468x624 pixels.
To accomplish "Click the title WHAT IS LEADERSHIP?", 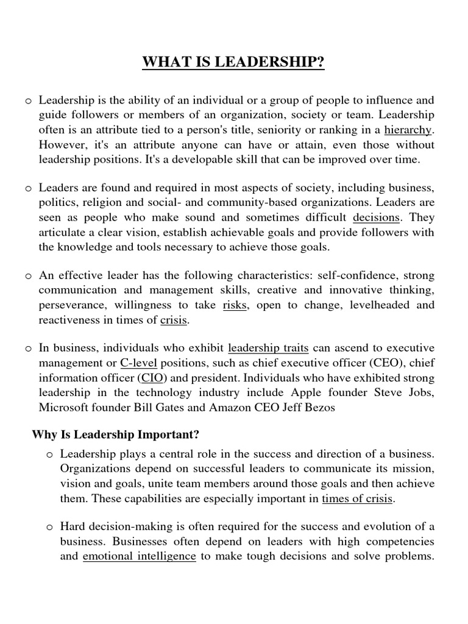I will click(233, 63).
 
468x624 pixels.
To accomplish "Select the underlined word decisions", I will click(377, 218).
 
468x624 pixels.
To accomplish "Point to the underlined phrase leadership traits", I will click(268, 349).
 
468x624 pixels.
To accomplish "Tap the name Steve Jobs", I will click(410, 392).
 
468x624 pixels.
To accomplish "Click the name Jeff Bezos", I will click(309, 407).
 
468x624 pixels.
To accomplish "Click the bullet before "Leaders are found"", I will click(29, 189).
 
